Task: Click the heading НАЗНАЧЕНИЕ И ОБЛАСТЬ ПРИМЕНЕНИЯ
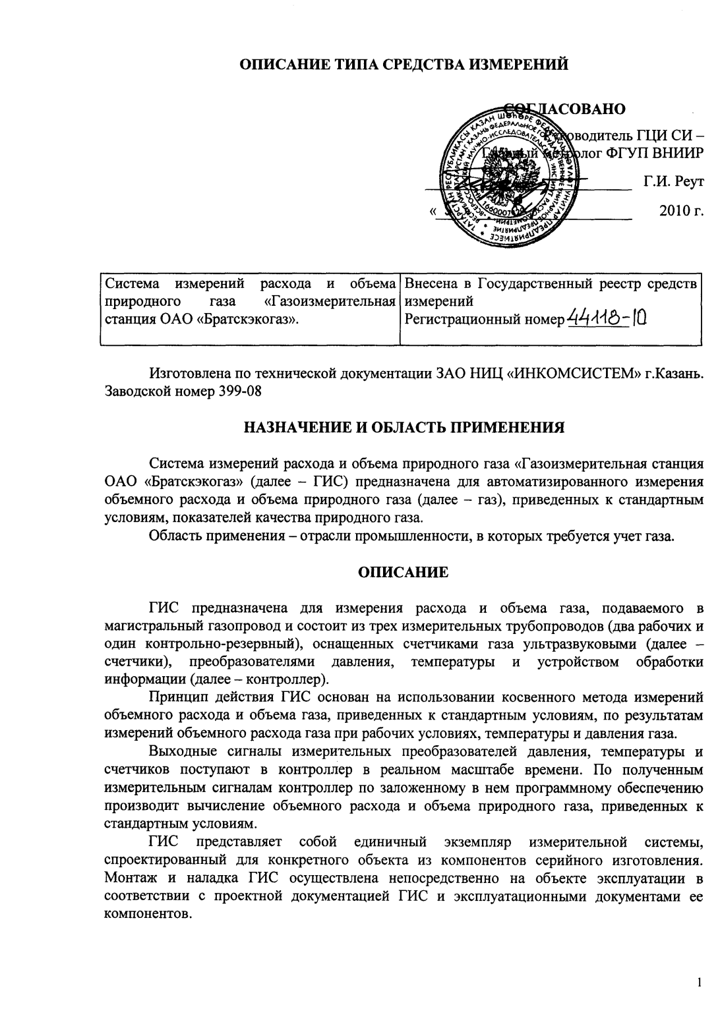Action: (404, 428)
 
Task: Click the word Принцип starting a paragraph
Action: (176, 697)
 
